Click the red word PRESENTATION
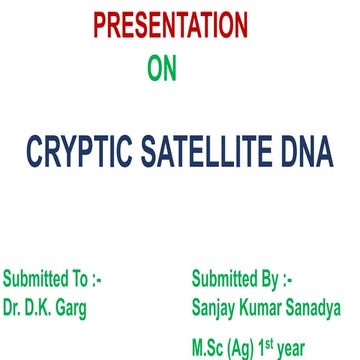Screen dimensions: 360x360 pos(170,25)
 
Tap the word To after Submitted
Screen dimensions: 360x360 pos(81,278)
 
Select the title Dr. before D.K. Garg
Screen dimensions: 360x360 pos(13,307)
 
